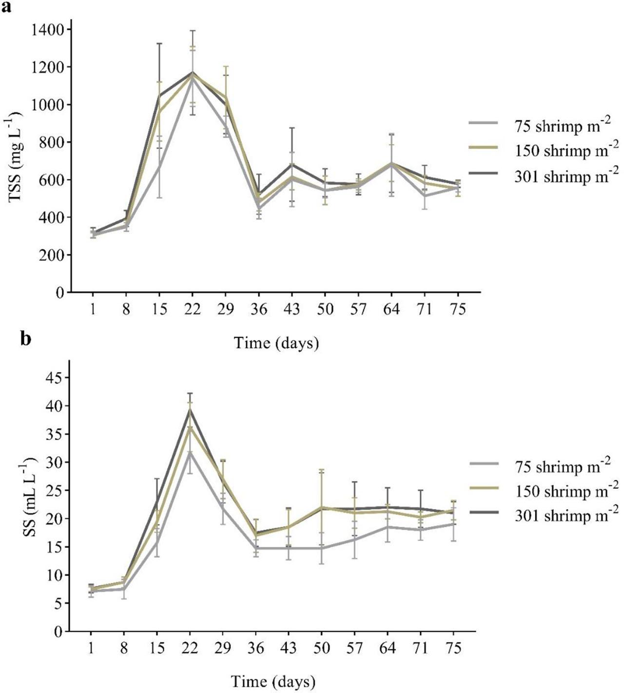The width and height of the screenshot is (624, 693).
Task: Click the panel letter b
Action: click(x=25, y=338)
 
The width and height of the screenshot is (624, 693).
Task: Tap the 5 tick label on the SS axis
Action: click(x=58, y=604)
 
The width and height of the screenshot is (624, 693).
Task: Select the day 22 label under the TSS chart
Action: click(x=192, y=310)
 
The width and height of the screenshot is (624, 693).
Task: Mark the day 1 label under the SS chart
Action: click(x=92, y=649)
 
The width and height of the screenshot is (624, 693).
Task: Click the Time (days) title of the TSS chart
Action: click(x=276, y=343)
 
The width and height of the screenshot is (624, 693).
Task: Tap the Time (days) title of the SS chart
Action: click(x=273, y=681)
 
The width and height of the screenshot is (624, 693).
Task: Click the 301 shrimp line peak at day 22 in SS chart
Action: click(x=190, y=409)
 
